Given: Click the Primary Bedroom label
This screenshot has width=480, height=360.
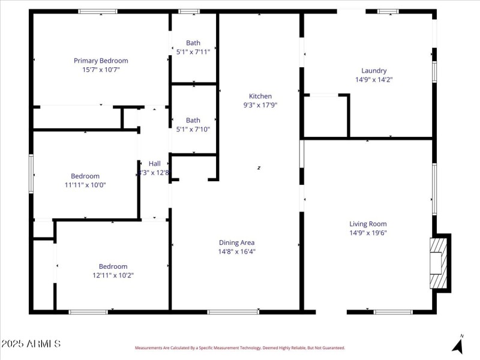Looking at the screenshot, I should pyautogui.click(x=101, y=61).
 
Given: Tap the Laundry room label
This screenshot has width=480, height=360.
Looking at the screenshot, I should pyautogui.click(x=374, y=71).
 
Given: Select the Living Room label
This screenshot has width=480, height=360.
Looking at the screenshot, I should pyautogui.click(x=368, y=224).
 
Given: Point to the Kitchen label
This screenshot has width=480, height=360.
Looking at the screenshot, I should pyautogui.click(x=260, y=96).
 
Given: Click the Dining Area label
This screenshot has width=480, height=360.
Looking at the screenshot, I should pyautogui.click(x=236, y=242).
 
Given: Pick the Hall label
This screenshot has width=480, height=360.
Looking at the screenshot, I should pyautogui.click(x=154, y=164).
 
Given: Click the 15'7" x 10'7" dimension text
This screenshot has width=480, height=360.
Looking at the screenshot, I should pyautogui.click(x=101, y=70).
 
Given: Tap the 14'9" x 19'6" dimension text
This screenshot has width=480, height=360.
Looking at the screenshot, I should pyautogui.click(x=368, y=233).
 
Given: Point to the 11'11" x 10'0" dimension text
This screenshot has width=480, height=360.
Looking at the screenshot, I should pyautogui.click(x=85, y=185).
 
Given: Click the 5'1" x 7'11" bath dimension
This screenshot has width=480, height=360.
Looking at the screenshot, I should pyautogui.click(x=193, y=52).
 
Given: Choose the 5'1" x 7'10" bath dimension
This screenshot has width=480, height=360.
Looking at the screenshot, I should pyautogui.click(x=193, y=129).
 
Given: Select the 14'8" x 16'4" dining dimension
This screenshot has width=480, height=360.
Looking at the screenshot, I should pyautogui.click(x=236, y=251).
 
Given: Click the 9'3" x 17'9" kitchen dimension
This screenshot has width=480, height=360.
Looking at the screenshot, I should pyautogui.click(x=260, y=105).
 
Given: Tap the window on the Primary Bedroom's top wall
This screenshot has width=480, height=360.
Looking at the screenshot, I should pyautogui.click(x=98, y=11).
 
